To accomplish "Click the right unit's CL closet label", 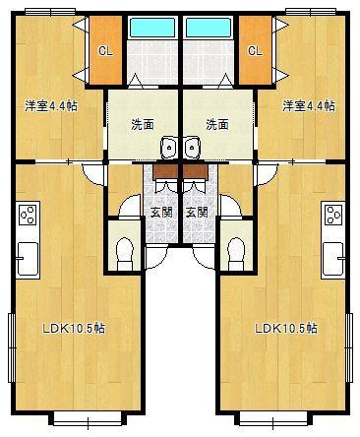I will [x=255, y=50].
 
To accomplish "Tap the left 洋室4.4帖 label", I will [x=48, y=105].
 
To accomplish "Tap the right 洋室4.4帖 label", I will [x=309, y=105].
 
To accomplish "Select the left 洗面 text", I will [x=143, y=125].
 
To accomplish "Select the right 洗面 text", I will [x=216, y=125].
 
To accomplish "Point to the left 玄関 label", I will [x=161, y=212].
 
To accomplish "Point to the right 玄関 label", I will [x=198, y=212].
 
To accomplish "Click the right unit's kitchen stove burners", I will [x=332, y=213].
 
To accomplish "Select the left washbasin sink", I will [x=169, y=148].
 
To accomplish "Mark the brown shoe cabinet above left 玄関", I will [x=165, y=169].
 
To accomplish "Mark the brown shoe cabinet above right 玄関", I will [x=194, y=169].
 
